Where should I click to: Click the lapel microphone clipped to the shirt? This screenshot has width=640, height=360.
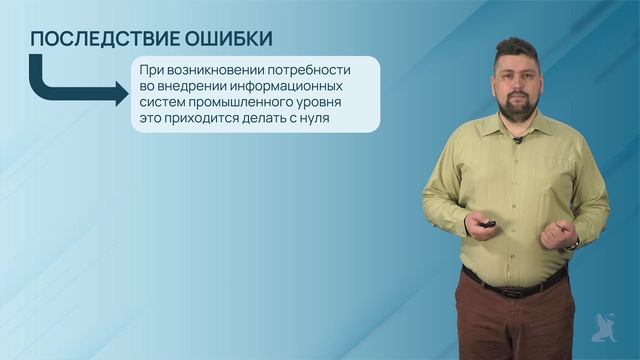pos(517,140)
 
